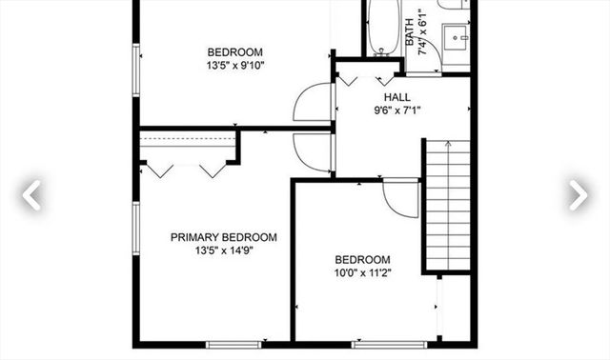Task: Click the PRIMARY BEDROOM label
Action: pos(223,237)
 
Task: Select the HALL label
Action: pos(396,97)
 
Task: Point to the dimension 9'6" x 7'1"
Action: pos(396,110)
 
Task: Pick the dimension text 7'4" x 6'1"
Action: pos(425,37)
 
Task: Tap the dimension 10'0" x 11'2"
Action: pos(362,273)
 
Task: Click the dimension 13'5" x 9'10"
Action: pos(234,66)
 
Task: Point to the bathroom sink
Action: pos(454,39)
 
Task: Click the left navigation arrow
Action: pos(31,194)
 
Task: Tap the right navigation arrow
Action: pos(578,194)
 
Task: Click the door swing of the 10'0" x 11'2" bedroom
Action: pos(399,198)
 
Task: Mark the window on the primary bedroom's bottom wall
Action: pos(234,343)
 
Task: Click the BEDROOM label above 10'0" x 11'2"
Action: pos(362,260)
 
